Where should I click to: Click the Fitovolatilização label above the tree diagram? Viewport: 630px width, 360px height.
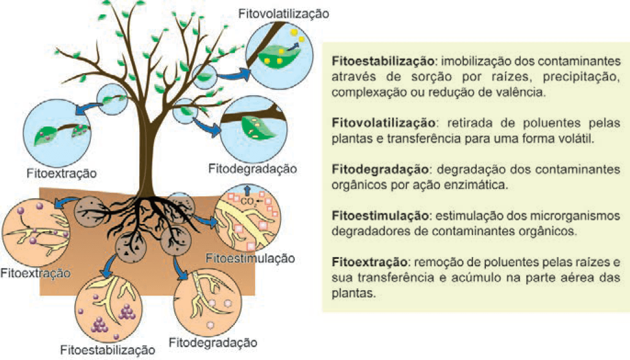(283, 12)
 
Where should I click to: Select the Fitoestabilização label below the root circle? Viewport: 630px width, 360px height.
(107, 350)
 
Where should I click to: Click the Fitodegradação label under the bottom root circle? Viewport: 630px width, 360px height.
(213, 342)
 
